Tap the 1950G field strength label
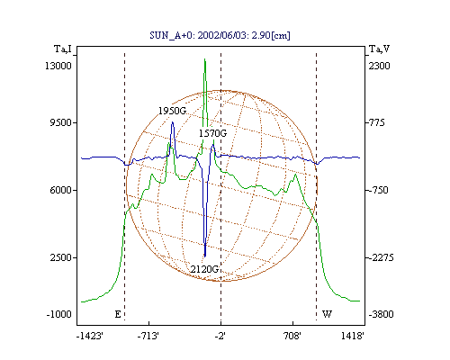[172, 111]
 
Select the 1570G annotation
[212, 133]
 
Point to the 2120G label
[204, 269]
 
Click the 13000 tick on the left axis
[58, 66]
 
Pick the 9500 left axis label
[60, 122]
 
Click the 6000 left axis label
[60, 190]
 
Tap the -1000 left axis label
[59, 314]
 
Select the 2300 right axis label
[379, 66]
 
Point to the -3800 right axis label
[381, 314]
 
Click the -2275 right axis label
[381, 257]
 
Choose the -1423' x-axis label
[90, 336]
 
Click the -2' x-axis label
[220, 336]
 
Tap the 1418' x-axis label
[353, 336]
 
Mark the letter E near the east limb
[118, 314]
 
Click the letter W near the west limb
[327, 314]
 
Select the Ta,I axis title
[63, 49]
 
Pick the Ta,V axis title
[379, 49]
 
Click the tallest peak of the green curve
[205, 59]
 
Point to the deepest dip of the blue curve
[205, 256]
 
